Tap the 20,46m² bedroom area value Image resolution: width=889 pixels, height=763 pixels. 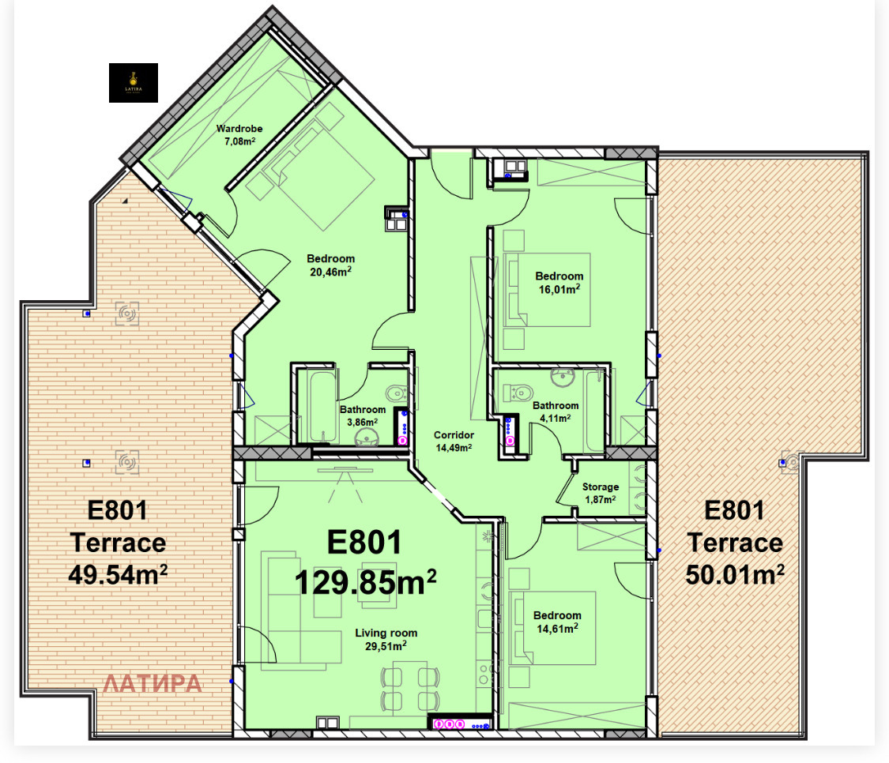pyautogui.click(x=330, y=272)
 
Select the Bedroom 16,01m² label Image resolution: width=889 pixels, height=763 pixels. pyautogui.click(x=559, y=283)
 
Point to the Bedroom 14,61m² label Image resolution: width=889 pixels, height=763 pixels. pyautogui.click(x=556, y=622)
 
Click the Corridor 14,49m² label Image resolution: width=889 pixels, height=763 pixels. pyautogui.click(x=453, y=441)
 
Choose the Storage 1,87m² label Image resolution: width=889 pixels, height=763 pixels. pyautogui.click(x=601, y=493)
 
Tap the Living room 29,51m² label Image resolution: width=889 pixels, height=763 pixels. pyautogui.click(x=386, y=639)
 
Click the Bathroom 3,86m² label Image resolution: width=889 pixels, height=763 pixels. pyautogui.click(x=362, y=415)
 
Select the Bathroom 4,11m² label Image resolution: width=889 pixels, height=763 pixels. pyautogui.click(x=555, y=412)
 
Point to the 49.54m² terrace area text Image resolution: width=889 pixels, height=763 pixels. pyautogui.click(x=118, y=573)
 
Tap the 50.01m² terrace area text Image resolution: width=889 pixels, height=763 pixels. pyautogui.click(x=734, y=573)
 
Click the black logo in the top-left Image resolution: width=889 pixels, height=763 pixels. pyautogui.click(x=134, y=83)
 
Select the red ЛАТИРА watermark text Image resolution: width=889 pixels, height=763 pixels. pyautogui.click(x=153, y=683)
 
